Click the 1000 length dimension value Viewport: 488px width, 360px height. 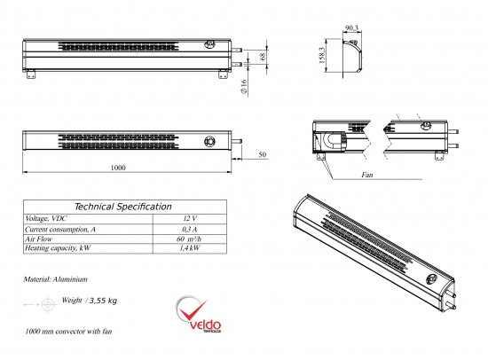[x=118, y=168]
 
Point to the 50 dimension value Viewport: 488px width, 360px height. [x=263, y=155]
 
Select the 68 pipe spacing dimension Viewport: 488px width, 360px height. [x=264, y=57]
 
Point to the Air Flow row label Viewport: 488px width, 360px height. [x=40, y=239]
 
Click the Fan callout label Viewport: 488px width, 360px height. [x=366, y=176]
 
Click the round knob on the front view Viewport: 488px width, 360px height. [x=210, y=140]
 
